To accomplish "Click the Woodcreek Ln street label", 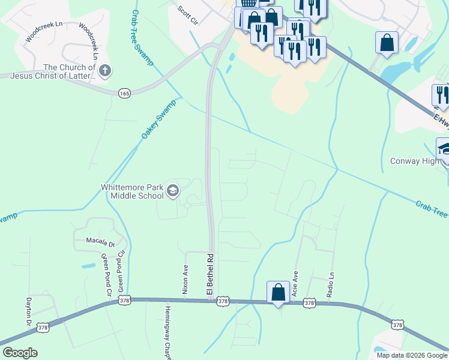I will pos(44,32).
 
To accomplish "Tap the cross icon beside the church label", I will pos(105,71).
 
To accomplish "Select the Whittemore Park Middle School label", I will pos(131,191).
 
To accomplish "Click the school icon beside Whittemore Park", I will pos(173,191).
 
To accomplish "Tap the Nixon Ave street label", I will pos(185,279).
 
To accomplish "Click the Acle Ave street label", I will pos(295,283).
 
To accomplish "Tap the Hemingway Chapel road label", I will pos(166,331).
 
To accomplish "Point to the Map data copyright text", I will pos(412,355).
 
